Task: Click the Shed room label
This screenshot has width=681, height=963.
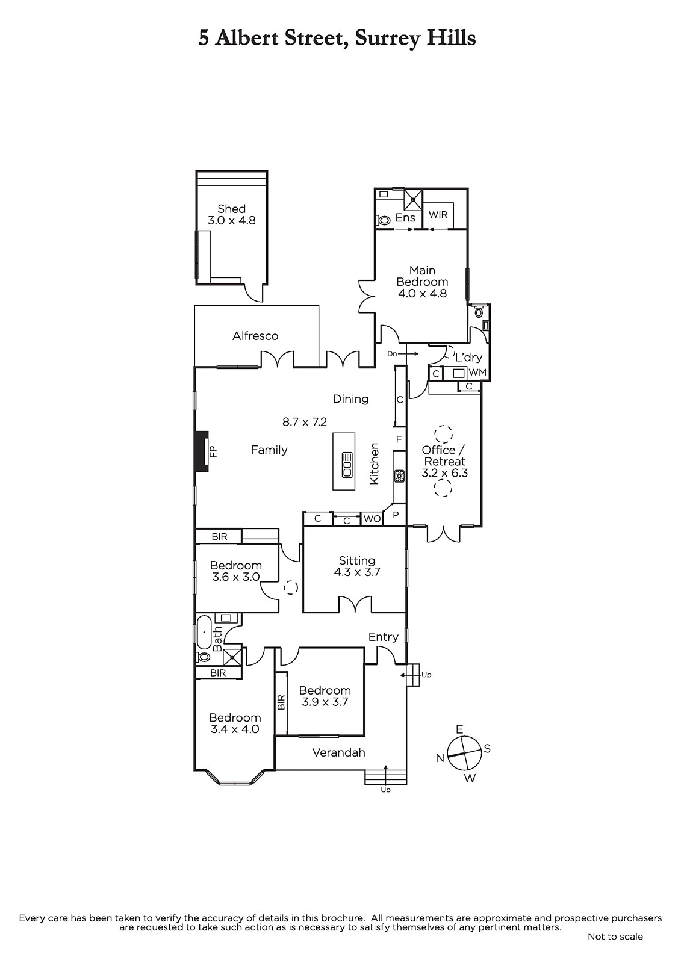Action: [x=231, y=209]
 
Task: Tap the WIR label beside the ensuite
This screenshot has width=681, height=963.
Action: [x=438, y=214]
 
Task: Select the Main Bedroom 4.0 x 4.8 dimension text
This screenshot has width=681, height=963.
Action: [x=422, y=294]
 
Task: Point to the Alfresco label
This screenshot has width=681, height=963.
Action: [x=255, y=336]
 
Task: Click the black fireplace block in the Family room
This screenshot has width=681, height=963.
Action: [x=202, y=451]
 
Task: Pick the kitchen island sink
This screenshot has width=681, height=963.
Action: [x=347, y=464]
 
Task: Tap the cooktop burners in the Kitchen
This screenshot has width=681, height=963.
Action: [x=399, y=476]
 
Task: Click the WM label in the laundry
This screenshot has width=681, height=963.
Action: [x=477, y=373]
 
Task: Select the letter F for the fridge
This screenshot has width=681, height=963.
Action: [x=399, y=439]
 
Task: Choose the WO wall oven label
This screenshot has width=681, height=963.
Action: [x=372, y=519]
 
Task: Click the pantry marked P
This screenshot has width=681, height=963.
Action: [x=396, y=515]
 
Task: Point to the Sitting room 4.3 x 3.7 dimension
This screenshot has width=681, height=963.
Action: [x=357, y=572]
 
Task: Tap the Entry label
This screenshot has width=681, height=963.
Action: [x=384, y=637]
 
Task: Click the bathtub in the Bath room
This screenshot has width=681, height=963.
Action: [x=204, y=633]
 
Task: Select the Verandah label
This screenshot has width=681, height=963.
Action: [x=338, y=752]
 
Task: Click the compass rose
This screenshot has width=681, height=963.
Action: [x=464, y=754]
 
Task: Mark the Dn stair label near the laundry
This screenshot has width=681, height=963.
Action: [x=392, y=354]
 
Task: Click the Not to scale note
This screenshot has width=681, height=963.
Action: [x=615, y=937]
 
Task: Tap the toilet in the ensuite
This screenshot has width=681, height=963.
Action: [x=384, y=220]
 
